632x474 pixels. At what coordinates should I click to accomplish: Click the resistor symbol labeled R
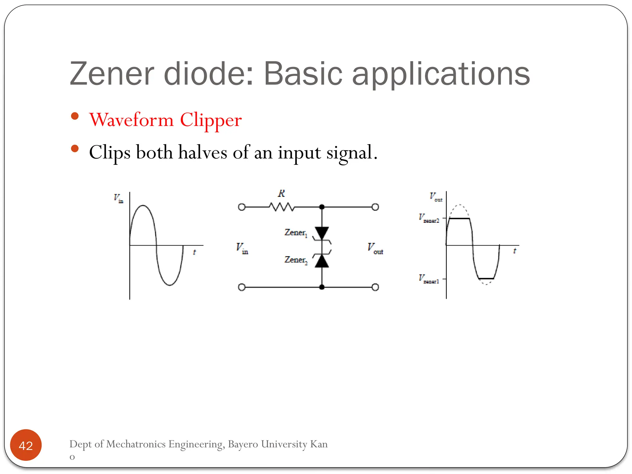coord(282,207)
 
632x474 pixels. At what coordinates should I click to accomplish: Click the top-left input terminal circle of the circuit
coord(242,207)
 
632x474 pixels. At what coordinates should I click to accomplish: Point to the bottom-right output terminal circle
coord(375,287)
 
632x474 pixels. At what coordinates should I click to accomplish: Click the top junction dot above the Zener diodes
coord(322,207)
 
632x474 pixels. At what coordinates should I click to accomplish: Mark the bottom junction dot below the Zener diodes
coord(322,287)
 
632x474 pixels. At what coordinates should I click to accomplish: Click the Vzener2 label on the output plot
coord(429,218)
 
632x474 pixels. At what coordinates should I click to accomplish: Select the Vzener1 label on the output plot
coord(429,279)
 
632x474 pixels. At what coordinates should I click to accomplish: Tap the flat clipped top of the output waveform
coord(459,218)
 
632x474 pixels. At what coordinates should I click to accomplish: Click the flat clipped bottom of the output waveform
coord(486,279)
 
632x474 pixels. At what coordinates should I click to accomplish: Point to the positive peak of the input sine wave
coord(143,206)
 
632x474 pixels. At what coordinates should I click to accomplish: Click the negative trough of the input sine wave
coord(170,285)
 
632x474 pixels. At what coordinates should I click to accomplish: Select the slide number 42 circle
coord(26,445)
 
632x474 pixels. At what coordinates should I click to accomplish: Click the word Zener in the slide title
coord(112,74)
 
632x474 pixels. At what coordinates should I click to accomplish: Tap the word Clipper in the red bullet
coord(211,120)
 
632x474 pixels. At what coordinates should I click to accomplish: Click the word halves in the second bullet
coord(202,152)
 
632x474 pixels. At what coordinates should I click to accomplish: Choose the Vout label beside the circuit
coord(375,248)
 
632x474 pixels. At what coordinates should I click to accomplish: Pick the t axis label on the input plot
coord(194,252)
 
